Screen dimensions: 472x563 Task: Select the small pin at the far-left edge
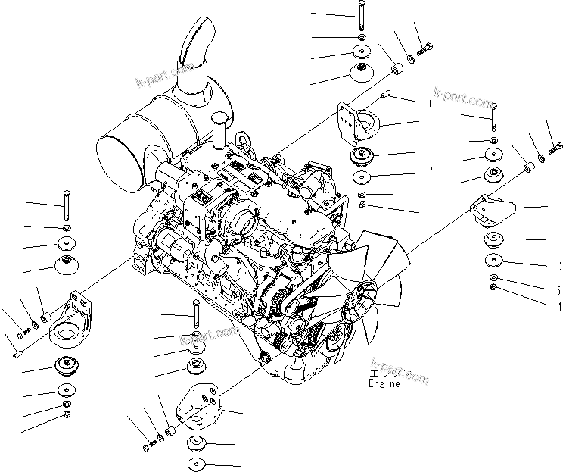[x=17, y=352]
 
